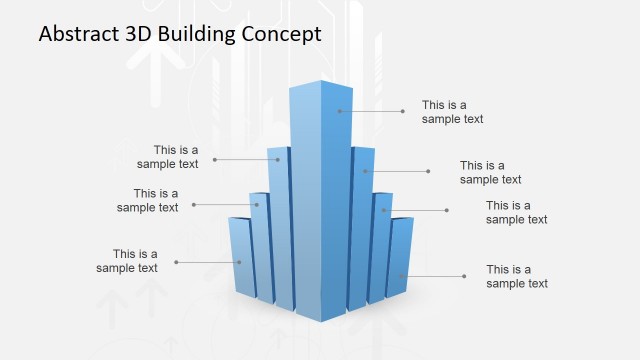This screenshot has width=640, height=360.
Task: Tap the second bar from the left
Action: click(260, 245)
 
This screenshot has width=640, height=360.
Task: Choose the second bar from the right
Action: click(380, 245)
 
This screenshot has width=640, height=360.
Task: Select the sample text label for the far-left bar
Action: click(127, 261)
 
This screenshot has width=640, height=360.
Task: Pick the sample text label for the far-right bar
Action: click(517, 276)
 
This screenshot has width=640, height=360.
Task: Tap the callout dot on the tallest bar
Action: click(340, 111)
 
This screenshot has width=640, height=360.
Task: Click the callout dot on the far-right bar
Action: click(401, 276)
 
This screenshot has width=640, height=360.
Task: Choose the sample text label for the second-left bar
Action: click(147, 200)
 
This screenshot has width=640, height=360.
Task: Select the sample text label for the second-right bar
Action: click(517, 212)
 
